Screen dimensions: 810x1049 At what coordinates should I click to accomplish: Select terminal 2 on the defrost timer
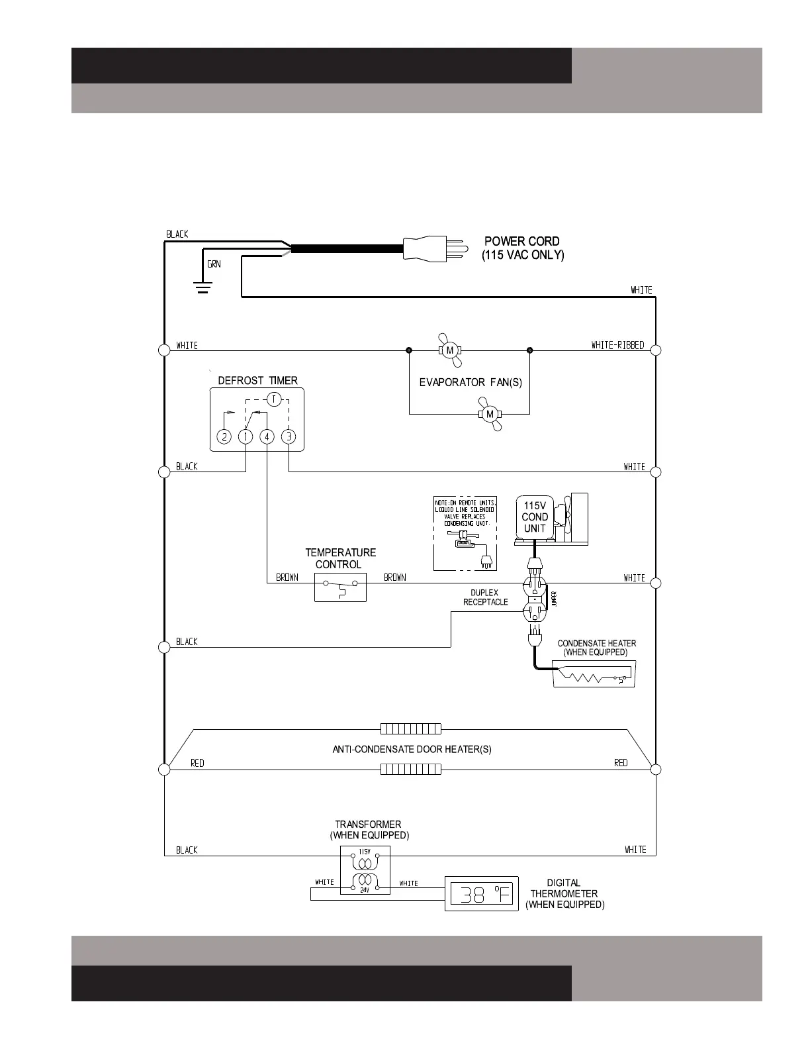[x=224, y=437]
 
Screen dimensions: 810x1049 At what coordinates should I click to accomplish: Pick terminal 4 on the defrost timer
[x=267, y=437]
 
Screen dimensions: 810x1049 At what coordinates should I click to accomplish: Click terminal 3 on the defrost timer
[x=289, y=437]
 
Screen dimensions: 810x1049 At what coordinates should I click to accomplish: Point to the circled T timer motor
[x=274, y=399]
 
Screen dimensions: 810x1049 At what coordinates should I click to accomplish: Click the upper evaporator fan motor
[x=450, y=350]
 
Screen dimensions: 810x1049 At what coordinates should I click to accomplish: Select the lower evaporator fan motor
[x=490, y=415]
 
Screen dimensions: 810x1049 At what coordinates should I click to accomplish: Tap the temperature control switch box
[x=340, y=587]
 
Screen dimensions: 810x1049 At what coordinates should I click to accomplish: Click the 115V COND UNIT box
[x=535, y=517]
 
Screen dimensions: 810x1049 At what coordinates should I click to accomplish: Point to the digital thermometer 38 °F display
[x=480, y=895]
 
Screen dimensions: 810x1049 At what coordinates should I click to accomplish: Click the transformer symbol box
[x=365, y=870]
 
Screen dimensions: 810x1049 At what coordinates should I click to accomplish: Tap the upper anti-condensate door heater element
[x=410, y=729]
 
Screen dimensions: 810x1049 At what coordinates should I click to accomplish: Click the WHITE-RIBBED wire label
[x=617, y=345]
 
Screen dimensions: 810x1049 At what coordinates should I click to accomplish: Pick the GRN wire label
[x=214, y=264]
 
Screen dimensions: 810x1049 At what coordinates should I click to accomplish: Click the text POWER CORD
[x=522, y=242]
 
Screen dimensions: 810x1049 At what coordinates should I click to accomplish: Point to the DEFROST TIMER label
[x=257, y=381]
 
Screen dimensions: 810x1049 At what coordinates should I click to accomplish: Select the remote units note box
[x=465, y=533]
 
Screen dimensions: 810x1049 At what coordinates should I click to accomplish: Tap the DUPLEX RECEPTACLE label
[x=485, y=597]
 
